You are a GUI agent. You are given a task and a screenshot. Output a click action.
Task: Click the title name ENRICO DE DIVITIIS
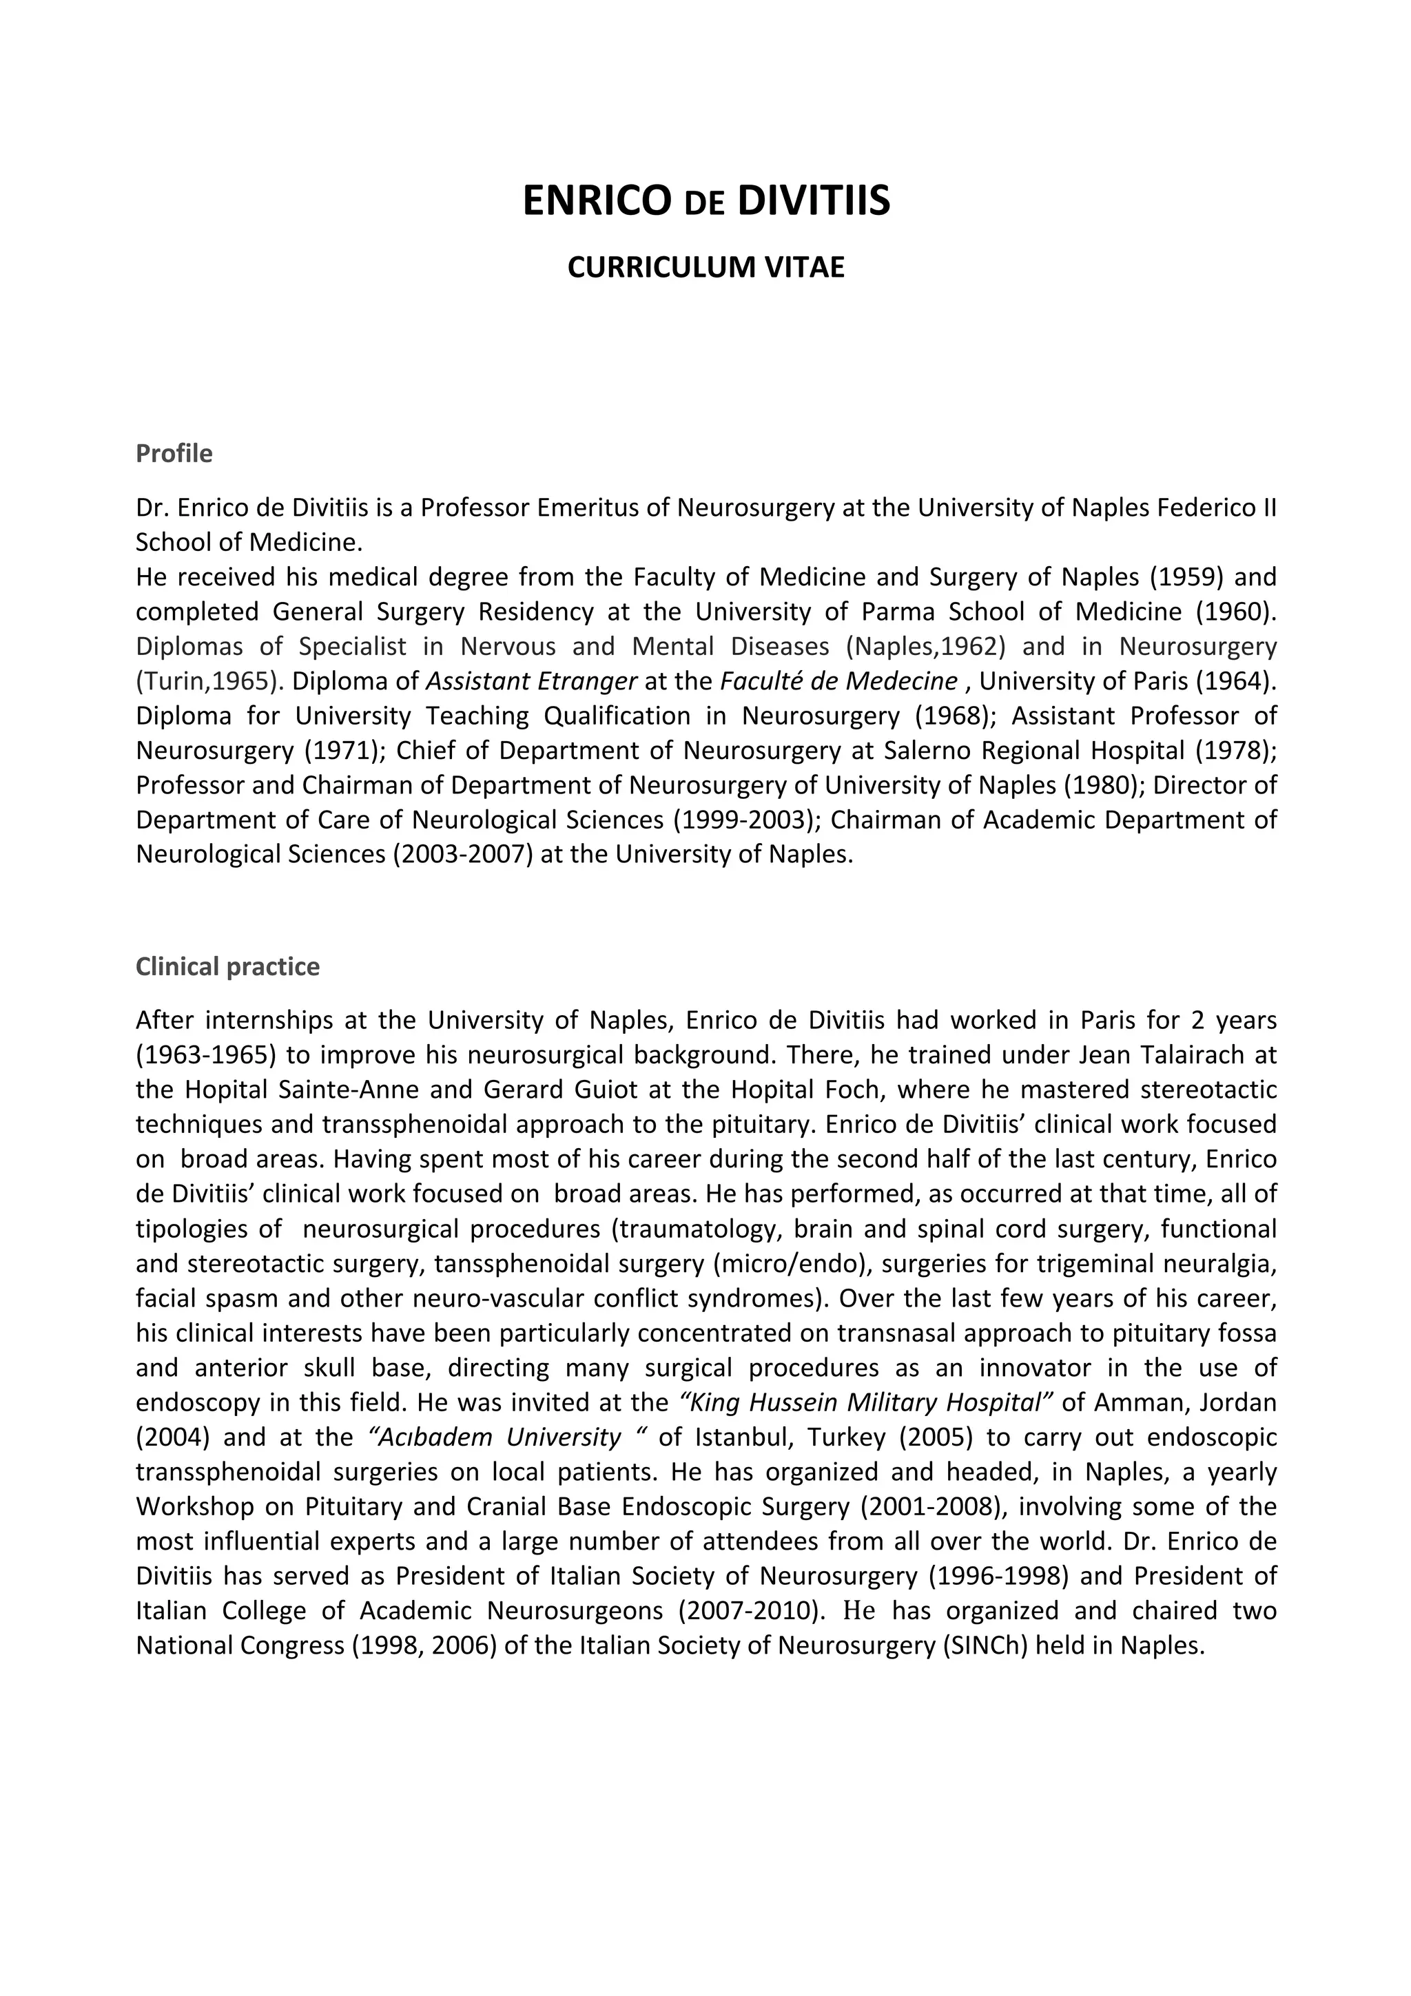706,202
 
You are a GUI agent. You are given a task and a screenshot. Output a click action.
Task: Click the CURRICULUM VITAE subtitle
706,267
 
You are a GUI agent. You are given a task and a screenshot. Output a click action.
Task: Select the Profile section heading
174,454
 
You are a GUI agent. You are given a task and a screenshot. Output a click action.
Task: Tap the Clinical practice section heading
228,967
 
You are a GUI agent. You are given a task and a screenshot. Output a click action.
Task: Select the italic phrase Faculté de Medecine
839,680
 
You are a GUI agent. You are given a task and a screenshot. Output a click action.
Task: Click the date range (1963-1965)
206,1054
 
